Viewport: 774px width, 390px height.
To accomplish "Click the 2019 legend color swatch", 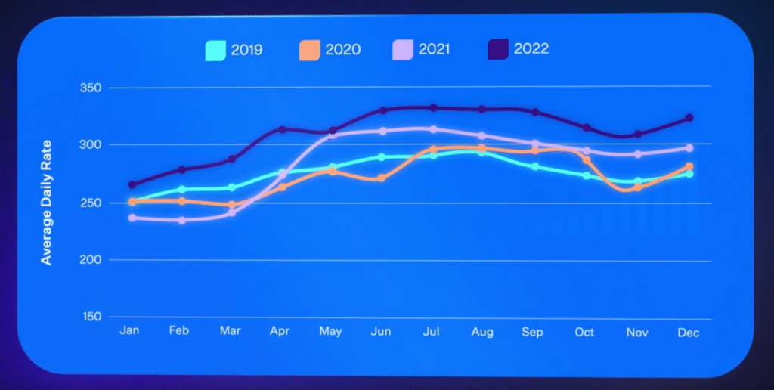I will (216, 51).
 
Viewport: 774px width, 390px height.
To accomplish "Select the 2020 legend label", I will (343, 51).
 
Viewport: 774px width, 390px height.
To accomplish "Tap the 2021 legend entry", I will (433, 50).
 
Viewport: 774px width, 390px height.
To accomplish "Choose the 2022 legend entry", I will (530, 49).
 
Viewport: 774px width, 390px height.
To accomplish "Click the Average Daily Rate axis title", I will (47, 203).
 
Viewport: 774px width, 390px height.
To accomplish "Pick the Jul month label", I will (432, 333).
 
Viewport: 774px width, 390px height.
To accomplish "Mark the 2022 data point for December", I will (689, 118).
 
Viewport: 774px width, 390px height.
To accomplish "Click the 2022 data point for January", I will (132, 184).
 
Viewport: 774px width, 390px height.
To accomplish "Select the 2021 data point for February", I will (181, 220).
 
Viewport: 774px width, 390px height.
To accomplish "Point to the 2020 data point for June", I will (382, 178).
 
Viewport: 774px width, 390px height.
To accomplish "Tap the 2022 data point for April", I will (282, 129).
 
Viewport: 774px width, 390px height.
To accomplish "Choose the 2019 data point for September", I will (535, 166).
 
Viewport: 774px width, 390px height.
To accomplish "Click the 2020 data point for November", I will (638, 187).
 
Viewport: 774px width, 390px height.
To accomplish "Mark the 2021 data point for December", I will (689, 148).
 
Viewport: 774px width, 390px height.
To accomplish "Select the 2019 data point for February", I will (181, 189).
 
